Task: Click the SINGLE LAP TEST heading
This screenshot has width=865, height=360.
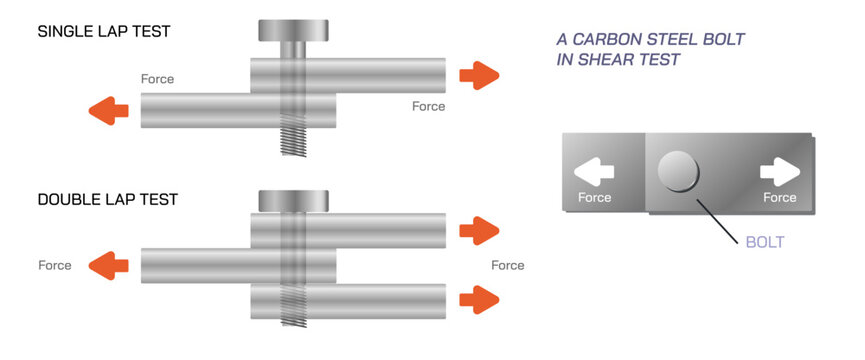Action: coord(103,31)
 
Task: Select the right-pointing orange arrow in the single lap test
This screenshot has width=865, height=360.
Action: coord(478,74)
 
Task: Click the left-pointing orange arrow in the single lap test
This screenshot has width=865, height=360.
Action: coord(109,110)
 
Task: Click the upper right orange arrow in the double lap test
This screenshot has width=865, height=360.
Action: coord(478,231)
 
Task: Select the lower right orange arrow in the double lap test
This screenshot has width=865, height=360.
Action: coord(478,298)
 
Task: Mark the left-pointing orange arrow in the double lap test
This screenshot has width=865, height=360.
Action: coord(109,266)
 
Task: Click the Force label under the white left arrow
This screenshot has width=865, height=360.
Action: coord(595,197)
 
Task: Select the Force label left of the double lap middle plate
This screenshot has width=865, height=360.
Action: coord(55,265)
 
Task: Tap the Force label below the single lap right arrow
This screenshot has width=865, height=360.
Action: coord(428,106)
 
